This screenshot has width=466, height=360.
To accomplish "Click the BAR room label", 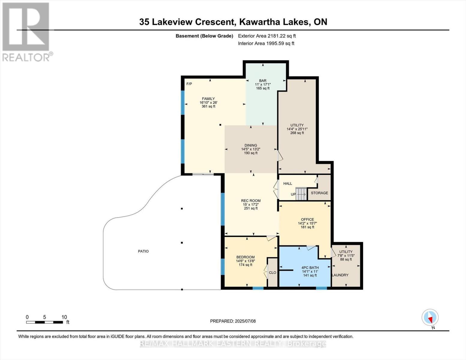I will pos(263,81).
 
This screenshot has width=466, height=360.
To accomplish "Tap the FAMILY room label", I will pos(208,99).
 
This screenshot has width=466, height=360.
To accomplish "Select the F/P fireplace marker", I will pos(189,84).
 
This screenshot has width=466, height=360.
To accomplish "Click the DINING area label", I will pos(251,145).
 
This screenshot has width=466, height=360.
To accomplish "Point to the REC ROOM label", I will pos(251,201).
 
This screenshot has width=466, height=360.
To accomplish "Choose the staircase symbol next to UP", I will pos(301,193).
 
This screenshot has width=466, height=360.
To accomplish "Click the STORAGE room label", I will pos(319,193).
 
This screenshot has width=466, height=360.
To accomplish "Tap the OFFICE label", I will pos(308,220).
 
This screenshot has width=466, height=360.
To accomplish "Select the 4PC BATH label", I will pos(310,268).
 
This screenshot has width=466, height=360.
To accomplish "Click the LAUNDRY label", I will pos(340,275).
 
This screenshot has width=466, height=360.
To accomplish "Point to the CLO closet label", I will pos(272,273).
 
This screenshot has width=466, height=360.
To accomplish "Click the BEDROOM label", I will pos(245,257).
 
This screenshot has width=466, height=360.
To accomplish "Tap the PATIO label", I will pos(143,251).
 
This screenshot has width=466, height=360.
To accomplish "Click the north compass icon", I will pos(430,317).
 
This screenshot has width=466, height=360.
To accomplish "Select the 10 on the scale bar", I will pos(64,317).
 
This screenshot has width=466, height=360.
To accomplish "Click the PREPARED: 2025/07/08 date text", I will pos(233,321).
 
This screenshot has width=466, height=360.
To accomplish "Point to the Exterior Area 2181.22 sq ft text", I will pos(267,36).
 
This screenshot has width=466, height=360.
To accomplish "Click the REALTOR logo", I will pos(26,31).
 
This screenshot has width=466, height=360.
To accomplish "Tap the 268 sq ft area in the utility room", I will pos(297,133).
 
